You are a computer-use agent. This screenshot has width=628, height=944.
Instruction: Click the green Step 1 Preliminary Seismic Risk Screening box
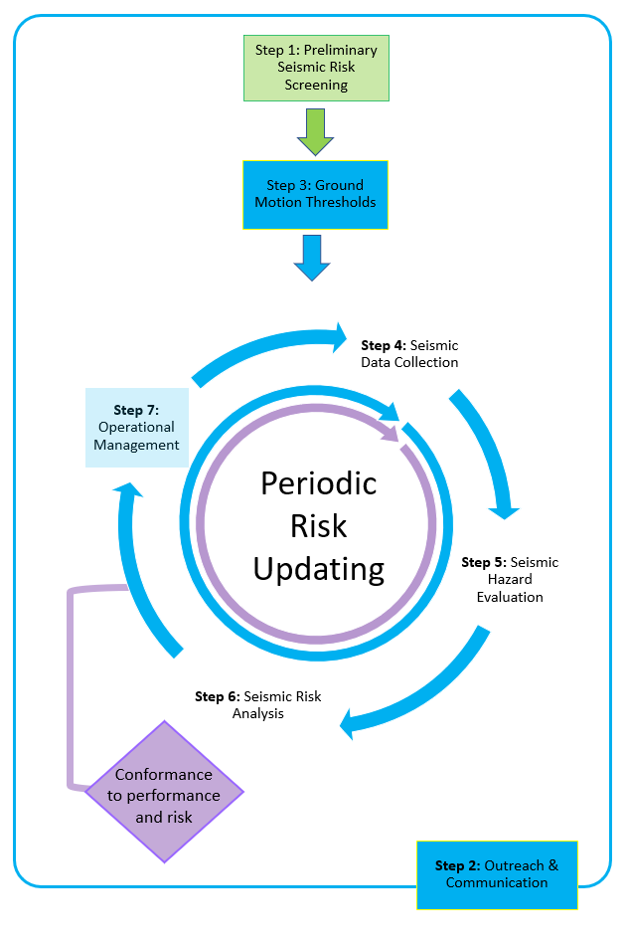click(x=316, y=68)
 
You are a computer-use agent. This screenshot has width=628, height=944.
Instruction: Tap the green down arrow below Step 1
click(x=315, y=132)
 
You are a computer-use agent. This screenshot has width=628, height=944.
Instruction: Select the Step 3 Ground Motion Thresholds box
click(x=315, y=194)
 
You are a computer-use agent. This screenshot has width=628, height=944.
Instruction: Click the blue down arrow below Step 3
click(x=312, y=258)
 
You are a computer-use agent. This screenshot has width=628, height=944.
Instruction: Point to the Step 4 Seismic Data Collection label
click(x=409, y=354)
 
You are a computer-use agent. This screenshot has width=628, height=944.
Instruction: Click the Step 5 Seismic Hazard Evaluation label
click(x=510, y=579)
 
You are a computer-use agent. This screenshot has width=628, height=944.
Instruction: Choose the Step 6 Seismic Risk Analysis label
click(x=258, y=705)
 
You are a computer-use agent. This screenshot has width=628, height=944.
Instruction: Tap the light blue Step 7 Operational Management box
click(x=136, y=428)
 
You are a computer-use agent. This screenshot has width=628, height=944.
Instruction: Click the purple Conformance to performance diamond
click(x=164, y=792)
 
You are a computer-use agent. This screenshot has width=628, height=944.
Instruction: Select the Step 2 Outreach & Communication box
click(x=497, y=874)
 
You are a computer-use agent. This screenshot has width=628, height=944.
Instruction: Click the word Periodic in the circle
click(x=319, y=484)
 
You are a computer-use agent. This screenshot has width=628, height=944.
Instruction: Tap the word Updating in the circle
click(x=319, y=570)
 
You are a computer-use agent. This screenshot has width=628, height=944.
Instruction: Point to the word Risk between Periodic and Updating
click(x=319, y=526)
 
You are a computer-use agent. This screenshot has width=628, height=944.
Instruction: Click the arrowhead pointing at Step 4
click(x=338, y=337)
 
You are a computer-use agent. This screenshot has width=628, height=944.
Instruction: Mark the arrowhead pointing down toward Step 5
click(x=504, y=510)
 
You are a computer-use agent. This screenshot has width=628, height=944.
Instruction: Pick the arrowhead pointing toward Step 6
click(x=349, y=723)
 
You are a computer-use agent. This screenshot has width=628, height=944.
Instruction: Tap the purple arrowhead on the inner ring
click(x=391, y=433)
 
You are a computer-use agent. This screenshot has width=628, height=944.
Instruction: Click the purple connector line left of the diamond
click(x=71, y=686)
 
